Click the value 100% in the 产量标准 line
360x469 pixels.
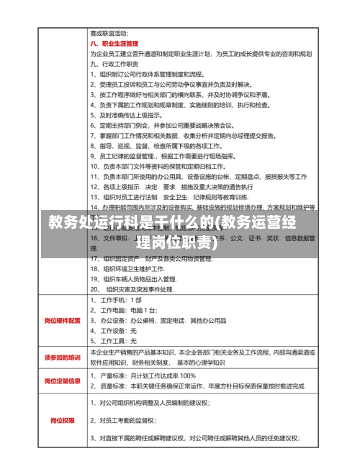187,375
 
